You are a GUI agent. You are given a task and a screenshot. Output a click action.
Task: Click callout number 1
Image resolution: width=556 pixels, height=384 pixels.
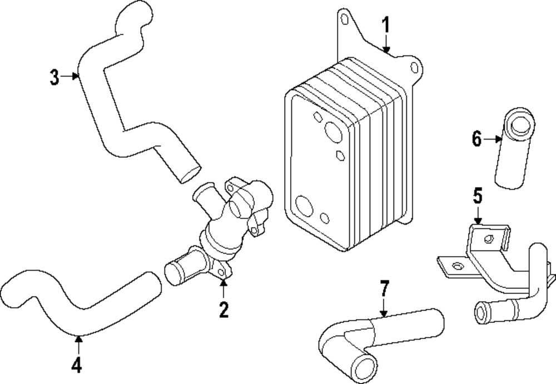coord(386,26)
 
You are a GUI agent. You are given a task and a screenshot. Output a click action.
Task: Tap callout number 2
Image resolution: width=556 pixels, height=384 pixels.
coord(224,310)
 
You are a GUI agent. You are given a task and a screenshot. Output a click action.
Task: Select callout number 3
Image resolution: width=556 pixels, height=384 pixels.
coord(54,77)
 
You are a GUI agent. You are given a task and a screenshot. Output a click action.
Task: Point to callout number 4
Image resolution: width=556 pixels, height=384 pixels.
coord(77,365)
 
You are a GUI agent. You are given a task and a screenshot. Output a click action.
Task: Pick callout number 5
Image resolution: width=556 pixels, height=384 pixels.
coord(478,196)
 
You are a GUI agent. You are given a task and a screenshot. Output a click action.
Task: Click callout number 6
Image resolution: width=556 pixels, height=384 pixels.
coord(477,138)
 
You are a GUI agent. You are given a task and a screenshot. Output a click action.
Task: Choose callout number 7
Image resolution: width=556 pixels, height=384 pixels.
coord(384,288)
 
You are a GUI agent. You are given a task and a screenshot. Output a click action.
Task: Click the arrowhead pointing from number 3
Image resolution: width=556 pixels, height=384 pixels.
coord(75,76)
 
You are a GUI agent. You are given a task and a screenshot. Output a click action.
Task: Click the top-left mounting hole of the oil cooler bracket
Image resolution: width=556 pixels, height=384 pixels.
coord(344,19)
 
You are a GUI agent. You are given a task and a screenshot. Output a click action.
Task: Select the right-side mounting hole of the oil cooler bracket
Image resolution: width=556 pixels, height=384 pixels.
coord(414,68)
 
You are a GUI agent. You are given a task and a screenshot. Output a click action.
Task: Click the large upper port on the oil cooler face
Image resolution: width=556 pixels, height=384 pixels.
coord(333,132)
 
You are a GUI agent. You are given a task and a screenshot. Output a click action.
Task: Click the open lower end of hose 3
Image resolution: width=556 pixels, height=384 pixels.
coord(190,174)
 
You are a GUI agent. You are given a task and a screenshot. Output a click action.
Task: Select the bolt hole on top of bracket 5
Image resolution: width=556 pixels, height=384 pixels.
coord(489,239)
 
